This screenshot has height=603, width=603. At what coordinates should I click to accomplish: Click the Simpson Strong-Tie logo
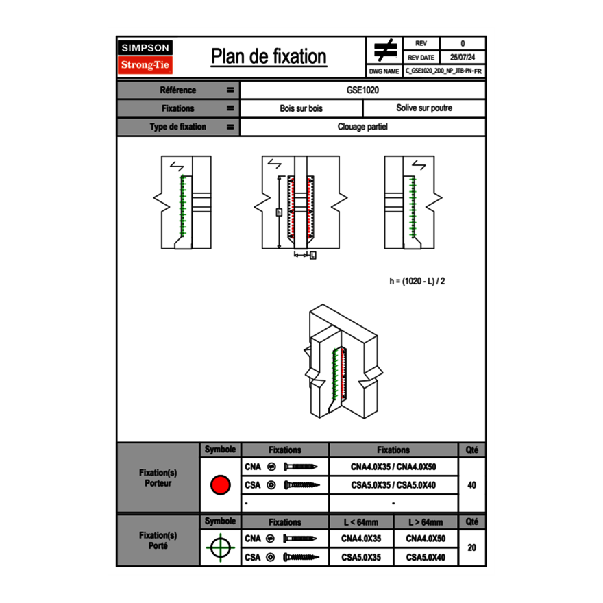(x=145, y=57)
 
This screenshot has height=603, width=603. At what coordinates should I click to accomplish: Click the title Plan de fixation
(x=268, y=57)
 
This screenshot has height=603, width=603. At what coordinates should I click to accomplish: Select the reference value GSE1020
(x=362, y=90)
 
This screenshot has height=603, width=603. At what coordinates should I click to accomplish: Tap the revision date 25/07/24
(x=463, y=58)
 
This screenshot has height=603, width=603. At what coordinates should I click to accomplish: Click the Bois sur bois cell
(x=301, y=108)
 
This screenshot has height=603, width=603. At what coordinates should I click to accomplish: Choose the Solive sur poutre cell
(x=423, y=108)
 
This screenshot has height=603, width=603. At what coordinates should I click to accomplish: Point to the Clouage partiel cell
(x=362, y=127)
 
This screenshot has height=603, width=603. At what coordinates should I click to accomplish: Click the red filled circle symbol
(x=220, y=485)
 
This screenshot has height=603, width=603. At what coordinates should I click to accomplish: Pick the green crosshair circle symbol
(x=220, y=547)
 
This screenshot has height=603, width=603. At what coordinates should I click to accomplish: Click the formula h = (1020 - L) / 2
(x=422, y=281)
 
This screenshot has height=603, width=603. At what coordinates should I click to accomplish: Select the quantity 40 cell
(x=471, y=485)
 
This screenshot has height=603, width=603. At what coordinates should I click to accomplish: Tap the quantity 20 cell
(x=471, y=547)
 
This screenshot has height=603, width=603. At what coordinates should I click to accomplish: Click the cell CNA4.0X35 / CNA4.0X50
(x=393, y=467)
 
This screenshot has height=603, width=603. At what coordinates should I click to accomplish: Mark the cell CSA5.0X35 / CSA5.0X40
(x=393, y=485)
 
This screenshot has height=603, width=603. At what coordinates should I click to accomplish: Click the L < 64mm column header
(x=361, y=522)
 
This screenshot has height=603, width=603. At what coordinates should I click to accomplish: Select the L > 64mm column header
(x=426, y=522)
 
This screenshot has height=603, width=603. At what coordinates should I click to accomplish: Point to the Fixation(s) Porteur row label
(x=158, y=478)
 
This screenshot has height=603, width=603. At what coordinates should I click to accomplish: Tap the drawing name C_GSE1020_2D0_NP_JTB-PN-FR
(x=444, y=71)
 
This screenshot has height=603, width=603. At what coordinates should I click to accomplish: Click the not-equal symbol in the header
(x=385, y=50)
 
